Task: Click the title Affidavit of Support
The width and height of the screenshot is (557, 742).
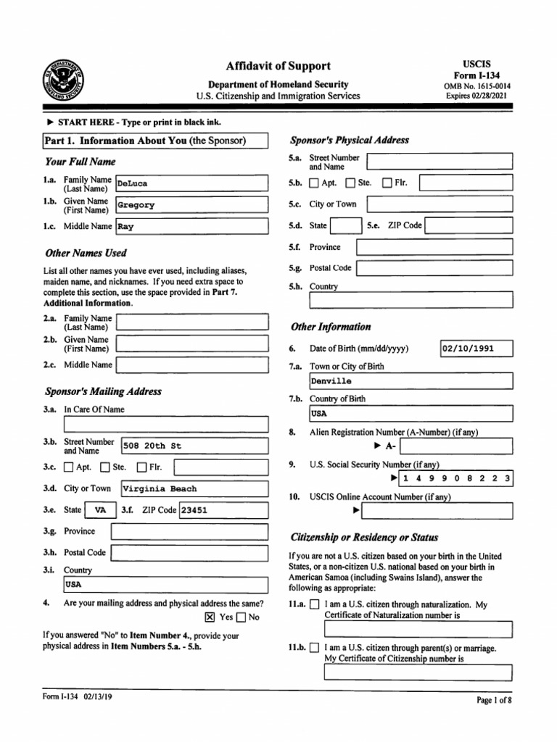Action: (278, 66)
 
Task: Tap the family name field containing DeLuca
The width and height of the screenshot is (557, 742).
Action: (191, 184)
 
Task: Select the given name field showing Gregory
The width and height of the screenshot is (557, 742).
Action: (191, 205)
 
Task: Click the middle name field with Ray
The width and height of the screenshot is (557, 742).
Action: (191, 226)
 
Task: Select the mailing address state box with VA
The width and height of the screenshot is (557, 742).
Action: (100, 510)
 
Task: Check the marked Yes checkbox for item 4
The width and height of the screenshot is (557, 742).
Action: (210, 617)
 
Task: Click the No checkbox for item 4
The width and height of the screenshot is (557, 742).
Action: (241, 617)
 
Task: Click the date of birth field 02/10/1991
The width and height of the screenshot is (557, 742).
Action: (476, 349)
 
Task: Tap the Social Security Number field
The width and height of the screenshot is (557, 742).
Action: (456, 479)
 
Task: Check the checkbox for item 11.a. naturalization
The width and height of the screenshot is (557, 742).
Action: (314, 604)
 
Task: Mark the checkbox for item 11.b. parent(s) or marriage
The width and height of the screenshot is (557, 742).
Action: (314, 649)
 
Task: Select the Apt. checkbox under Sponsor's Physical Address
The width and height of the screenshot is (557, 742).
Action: (314, 183)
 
